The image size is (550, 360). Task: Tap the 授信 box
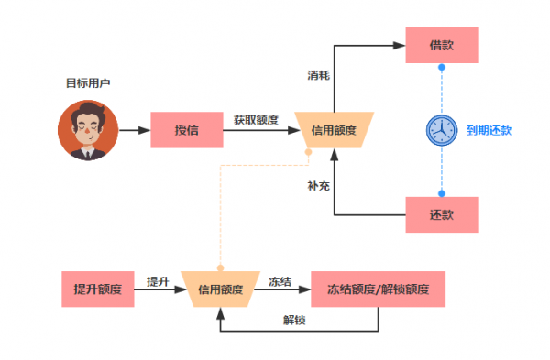pos(187,130)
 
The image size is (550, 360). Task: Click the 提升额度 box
pos(98,289)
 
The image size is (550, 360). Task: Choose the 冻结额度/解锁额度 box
pos(385,289)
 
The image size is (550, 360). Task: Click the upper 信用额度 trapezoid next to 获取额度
pos(334,129)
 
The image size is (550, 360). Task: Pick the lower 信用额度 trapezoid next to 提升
pos(220,289)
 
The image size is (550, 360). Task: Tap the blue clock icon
pos(441,130)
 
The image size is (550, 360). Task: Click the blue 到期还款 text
pos(489,130)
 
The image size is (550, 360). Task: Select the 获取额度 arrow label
pos(256,119)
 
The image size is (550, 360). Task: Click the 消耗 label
pos(318,73)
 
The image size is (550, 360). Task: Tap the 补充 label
pos(318,185)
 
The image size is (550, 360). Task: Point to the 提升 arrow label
pos(158,281)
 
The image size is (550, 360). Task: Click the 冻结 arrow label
pos(280,281)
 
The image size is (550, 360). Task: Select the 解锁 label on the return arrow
pos(295,320)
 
